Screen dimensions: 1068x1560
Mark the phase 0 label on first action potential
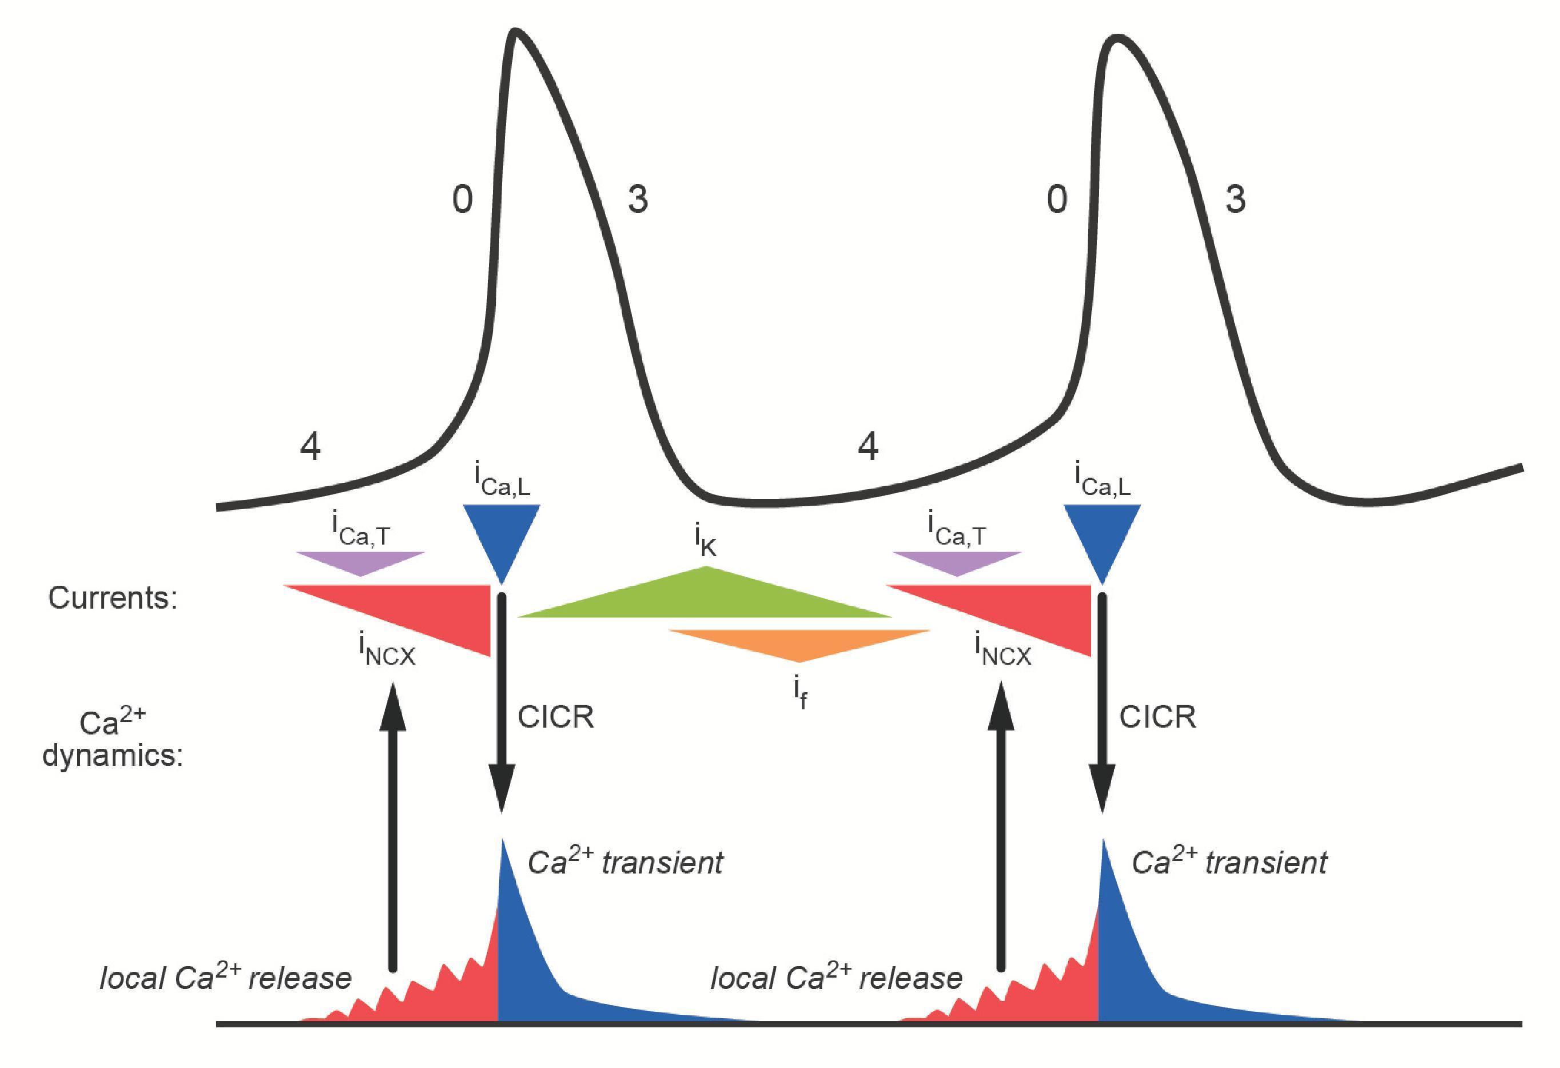462,200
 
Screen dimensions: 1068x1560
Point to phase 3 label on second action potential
1235,200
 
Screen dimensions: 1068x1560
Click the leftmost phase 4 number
310,446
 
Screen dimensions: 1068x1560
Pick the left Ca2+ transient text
625,863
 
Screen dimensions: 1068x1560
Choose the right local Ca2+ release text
835,979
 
